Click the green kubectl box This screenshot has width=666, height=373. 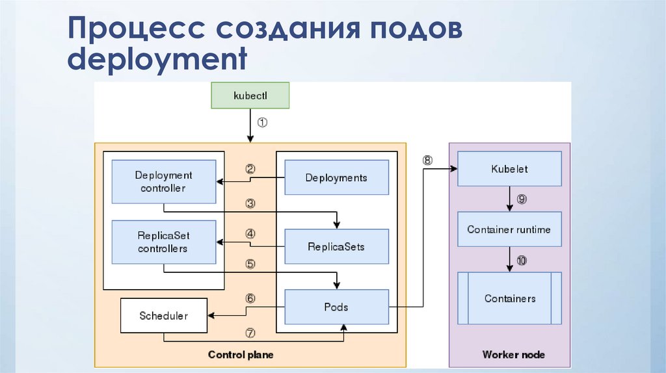pyautogui.click(x=250, y=95)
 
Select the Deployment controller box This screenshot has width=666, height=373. pyautogui.click(x=164, y=182)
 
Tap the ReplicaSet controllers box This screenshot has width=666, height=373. pyautogui.click(x=164, y=242)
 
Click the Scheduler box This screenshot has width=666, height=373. pyautogui.click(x=164, y=316)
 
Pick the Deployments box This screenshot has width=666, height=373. pyautogui.click(x=336, y=177)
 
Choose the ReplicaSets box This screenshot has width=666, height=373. pyautogui.click(x=336, y=247)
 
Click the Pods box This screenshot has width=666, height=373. pyautogui.click(x=336, y=307)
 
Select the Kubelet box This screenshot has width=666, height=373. pyautogui.click(x=509, y=169)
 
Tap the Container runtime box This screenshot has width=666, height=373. pyautogui.click(x=509, y=229)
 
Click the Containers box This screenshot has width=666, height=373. pyautogui.click(x=510, y=299)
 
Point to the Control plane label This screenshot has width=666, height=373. pyautogui.click(x=241, y=355)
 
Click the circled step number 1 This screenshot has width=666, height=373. pyautogui.click(x=262, y=122)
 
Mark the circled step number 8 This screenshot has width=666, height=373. pyautogui.click(x=427, y=160)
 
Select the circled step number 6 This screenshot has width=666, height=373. pyautogui.click(x=250, y=299)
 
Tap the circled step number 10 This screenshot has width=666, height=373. pyautogui.click(x=522, y=261)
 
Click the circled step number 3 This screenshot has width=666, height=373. pyautogui.click(x=250, y=203)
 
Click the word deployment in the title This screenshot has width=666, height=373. pyautogui.click(x=158, y=60)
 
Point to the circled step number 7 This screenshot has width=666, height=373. pyautogui.click(x=250, y=332)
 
